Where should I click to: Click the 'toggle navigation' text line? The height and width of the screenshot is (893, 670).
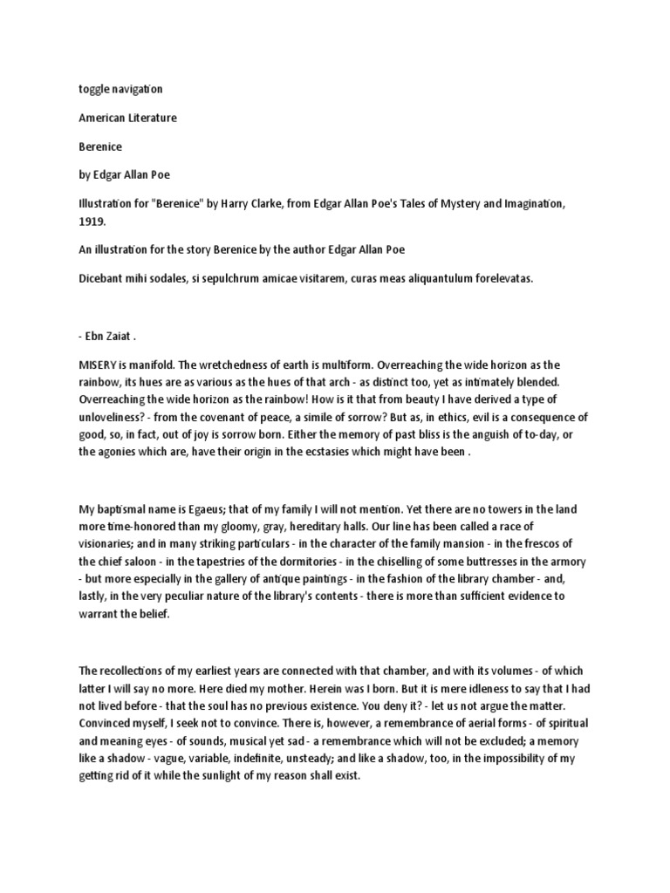coord(120,89)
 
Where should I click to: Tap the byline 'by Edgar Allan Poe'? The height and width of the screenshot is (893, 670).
coord(127,174)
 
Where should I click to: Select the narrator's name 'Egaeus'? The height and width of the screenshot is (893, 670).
coord(215,508)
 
